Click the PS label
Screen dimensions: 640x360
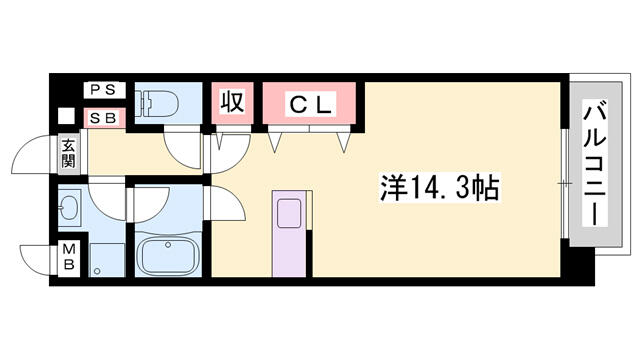point(104,89)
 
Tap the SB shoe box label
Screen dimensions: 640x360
point(104,118)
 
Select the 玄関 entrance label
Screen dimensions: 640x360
point(69,153)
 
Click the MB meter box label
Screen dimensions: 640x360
point(69,257)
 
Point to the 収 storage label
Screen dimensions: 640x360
point(233,102)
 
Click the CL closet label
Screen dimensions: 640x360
point(310,105)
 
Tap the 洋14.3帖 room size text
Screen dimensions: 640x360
point(440,188)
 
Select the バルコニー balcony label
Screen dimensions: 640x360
point(595,162)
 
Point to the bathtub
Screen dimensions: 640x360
point(168,256)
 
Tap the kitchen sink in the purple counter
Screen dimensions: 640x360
point(289,213)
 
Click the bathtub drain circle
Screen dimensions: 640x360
point(167,245)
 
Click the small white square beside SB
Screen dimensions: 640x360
point(66,116)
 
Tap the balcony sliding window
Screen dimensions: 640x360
point(565,184)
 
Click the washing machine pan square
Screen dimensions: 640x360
point(107,260)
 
